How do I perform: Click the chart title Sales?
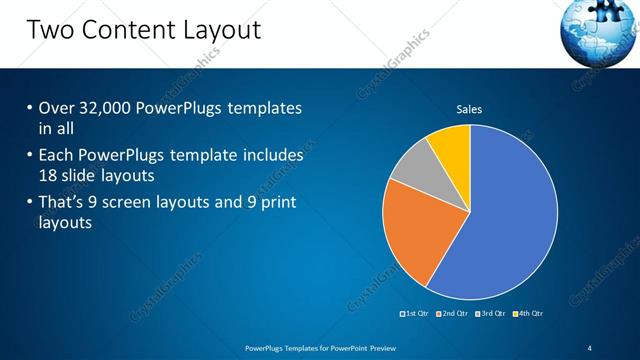point(470,109)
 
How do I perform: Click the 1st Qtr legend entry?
point(415,313)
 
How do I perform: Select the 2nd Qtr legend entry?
point(453,313)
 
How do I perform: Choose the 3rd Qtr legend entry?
point(491,313)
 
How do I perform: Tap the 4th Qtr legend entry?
point(529,313)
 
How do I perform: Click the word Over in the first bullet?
point(57,108)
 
